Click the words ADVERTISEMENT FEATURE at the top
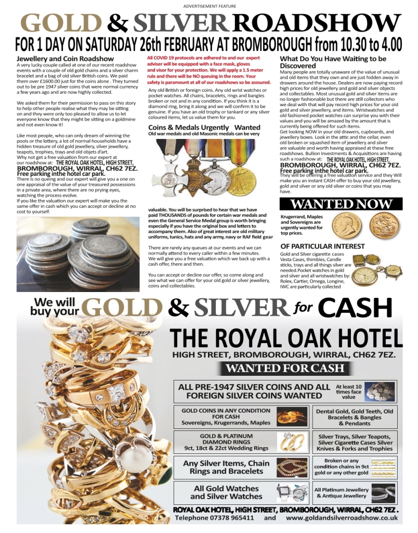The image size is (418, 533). coord(210,6)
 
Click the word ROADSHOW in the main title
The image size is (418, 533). coord(317,23)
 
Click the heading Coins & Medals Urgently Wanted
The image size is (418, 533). coord(204,127)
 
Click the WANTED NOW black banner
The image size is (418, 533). coord(342,204)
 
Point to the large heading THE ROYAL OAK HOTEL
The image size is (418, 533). coord(286,339)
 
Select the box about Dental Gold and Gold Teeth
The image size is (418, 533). coord(354,417)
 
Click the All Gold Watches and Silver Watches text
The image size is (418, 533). coord(226,492)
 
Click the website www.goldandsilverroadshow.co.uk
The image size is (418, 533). coord(341,518)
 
